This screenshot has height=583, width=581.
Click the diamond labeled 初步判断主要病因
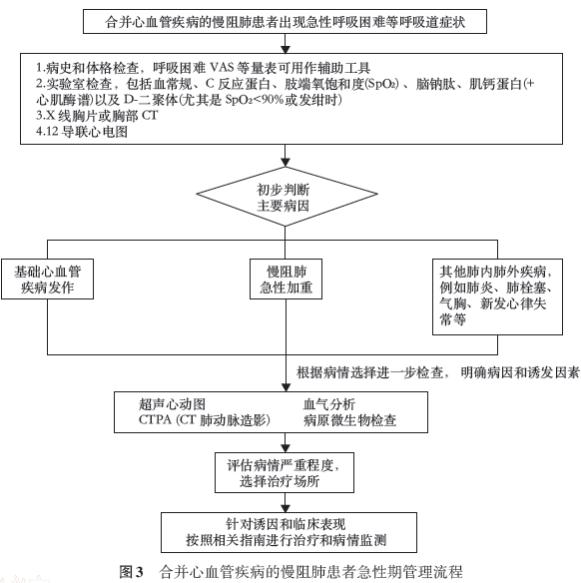[x=287, y=197]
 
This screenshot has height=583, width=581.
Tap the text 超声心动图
[x=172, y=404]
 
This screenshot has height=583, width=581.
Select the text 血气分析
[x=329, y=404]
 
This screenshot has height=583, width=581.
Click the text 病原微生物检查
[x=349, y=420]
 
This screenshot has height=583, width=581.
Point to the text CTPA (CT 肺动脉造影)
[x=204, y=420]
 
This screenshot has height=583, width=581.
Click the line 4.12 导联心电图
[x=82, y=132]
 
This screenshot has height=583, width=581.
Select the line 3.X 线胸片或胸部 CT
[x=97, y=116]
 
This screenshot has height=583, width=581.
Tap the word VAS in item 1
[x=222, y=68]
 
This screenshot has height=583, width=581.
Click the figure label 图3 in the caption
[x=131, y=571]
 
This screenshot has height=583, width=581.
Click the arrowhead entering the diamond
[x=286, y=163]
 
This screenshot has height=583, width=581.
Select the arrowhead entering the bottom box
[x=286, y=508]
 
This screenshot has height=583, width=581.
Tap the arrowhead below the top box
[x=286, y=49]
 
